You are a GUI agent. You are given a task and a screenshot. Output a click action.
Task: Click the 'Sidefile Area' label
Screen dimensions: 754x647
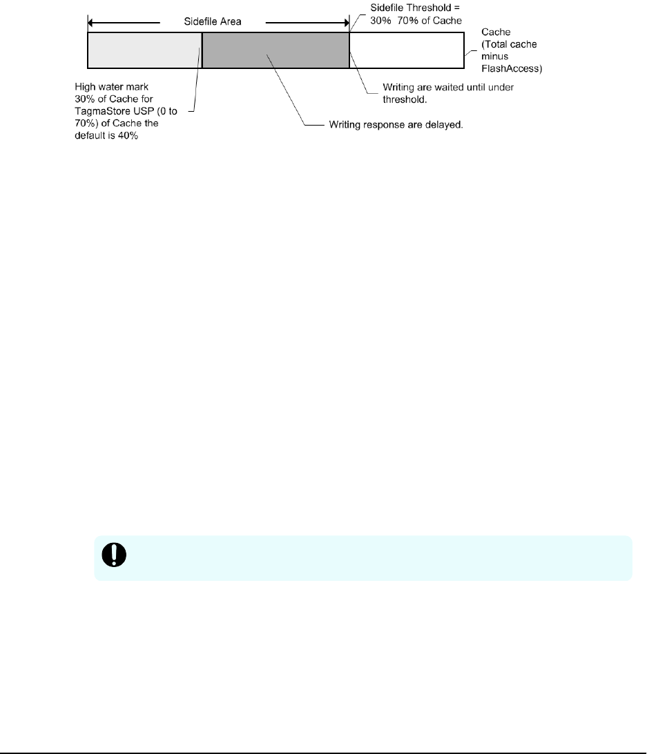point(213,21)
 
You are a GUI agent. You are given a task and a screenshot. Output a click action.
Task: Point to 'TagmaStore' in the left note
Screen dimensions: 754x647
point(99,107)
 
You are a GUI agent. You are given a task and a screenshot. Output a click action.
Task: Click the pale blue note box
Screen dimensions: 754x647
point(363,557)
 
